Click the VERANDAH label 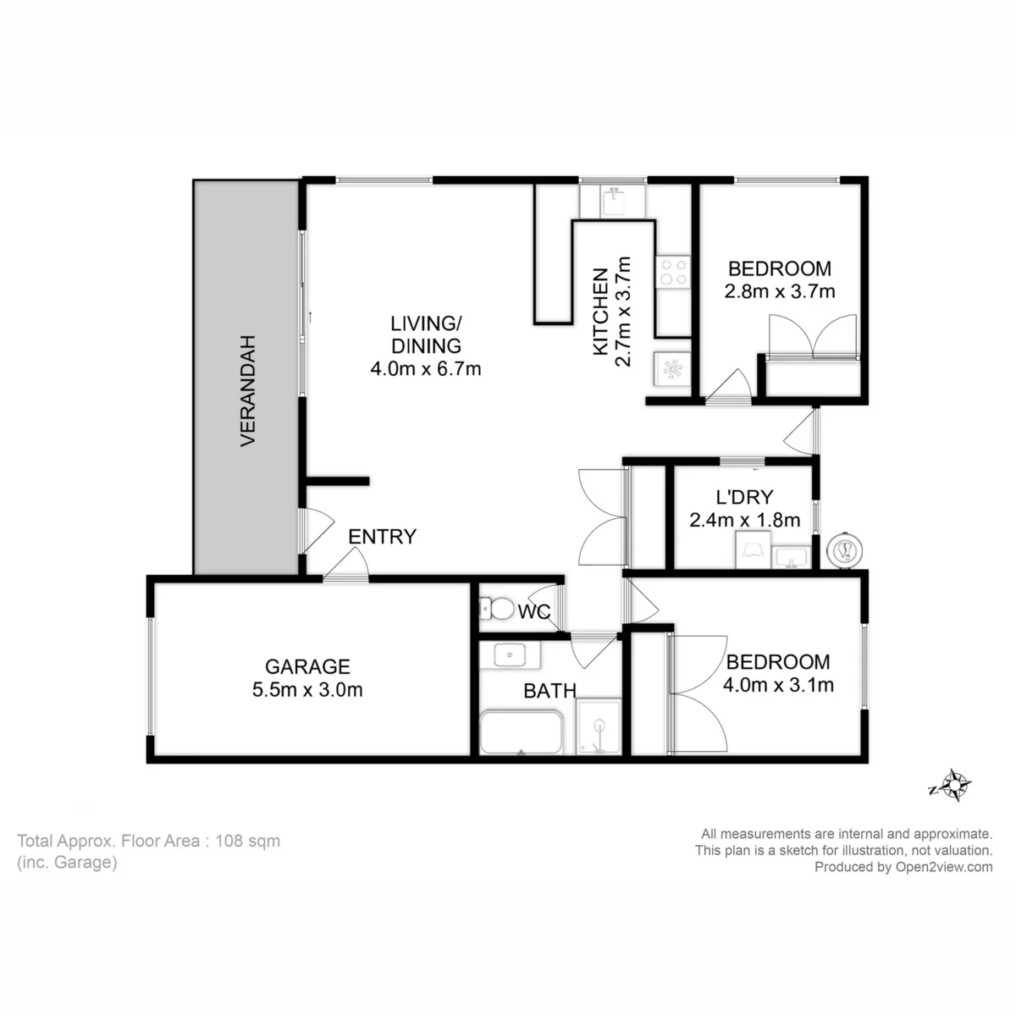248,390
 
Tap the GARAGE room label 307,666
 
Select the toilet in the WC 495,610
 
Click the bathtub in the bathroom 521,732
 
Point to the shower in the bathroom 599,726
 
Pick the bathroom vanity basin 510,654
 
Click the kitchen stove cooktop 673,272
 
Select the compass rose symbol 954,786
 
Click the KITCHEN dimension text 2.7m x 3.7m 624,312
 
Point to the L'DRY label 744,497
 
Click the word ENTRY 382,536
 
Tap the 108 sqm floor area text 247,841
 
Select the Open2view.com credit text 944,867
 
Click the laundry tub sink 791,558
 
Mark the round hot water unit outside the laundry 845,551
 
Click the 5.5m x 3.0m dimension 307,690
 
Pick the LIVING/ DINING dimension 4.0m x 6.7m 426,368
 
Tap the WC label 534,611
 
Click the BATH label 550,691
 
